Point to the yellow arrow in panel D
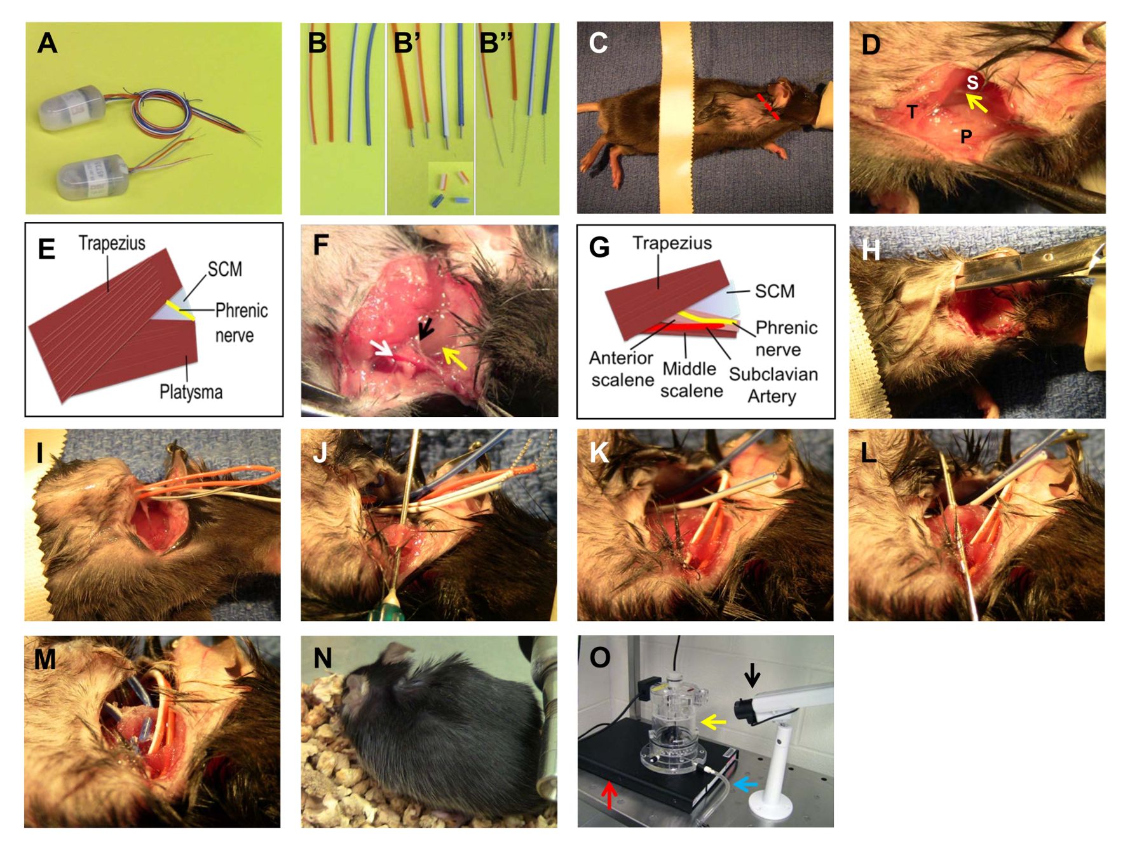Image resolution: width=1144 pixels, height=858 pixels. (977, 102)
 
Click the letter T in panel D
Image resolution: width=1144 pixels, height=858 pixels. (912, 112)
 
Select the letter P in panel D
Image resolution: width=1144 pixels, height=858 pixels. (966, 137)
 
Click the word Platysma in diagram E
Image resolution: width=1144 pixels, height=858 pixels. (191, 392)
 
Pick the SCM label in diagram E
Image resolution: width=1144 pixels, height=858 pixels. (225, 269)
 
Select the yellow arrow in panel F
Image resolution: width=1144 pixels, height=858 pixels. (454, 357)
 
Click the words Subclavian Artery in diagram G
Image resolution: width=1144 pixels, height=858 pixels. (773, 385)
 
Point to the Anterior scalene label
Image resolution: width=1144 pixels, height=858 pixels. (622, 369)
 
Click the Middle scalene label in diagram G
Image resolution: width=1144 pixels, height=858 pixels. (690, 379)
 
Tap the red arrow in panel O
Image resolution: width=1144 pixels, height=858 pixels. (609, 794)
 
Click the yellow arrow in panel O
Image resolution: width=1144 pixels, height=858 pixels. (713, 723)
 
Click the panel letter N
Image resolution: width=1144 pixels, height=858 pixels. (323, 658)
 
